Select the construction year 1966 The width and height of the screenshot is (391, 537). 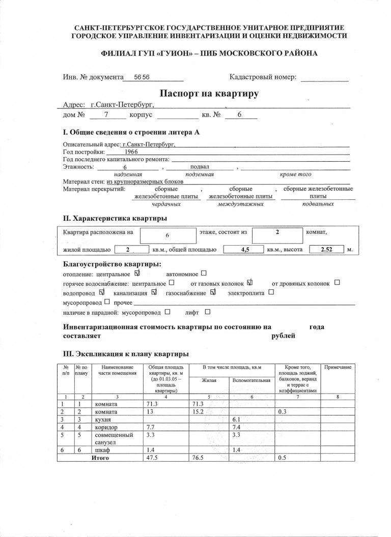point(130,151)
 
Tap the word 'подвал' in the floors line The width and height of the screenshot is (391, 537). point(200,166)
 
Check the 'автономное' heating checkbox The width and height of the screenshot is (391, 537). point(204,274)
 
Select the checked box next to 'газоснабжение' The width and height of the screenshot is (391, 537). point(213,292)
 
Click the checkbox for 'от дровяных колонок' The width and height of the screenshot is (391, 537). point(337,283)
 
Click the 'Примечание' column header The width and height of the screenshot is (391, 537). point(338,367)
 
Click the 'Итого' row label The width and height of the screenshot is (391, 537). point(100,458)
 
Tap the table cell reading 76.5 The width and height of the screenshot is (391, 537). point(197,458)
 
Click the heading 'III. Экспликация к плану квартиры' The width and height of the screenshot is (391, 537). point(126,353)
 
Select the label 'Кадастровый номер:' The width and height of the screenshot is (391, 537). point(263,77)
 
